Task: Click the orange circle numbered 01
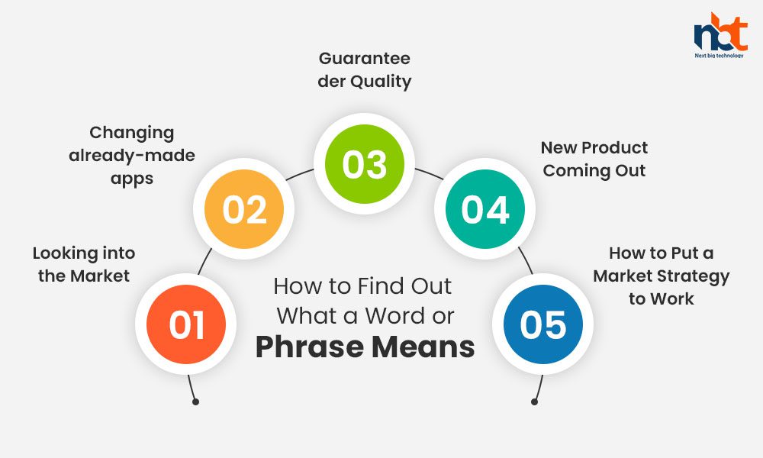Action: [x=186, y=324]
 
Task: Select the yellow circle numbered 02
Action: [x=244, y=209]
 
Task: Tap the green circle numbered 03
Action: [x=365, y=164]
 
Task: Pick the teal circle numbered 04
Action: [x=485, y=209]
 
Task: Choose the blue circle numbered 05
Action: [x=543, y=324]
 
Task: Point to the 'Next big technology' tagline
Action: [x=720, y=56]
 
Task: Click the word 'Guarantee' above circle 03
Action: [x=365, y=59]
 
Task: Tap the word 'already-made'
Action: [x=132, y=156]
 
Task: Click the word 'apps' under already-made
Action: [x=132, y=179]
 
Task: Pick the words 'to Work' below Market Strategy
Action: [x=662, y=298]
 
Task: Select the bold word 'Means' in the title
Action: [x=423, y=347]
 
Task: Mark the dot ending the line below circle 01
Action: [x=195, y=402]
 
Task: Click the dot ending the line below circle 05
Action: [x=534, y=402]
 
